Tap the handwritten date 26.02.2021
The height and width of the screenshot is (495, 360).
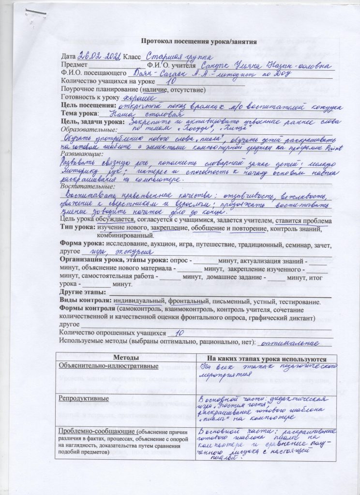[x=98, y=56]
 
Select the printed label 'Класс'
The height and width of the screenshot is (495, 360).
[x=133, y=56]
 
